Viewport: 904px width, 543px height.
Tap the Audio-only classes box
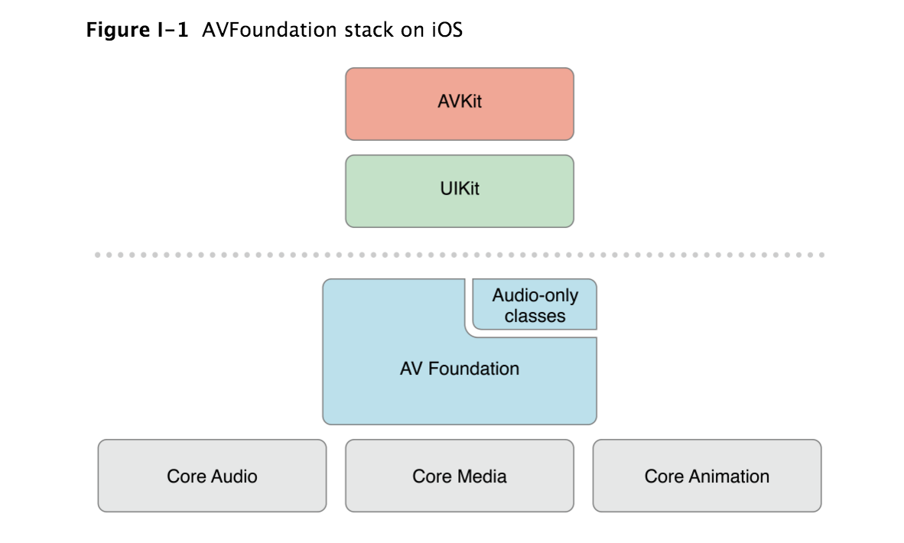point(535,305)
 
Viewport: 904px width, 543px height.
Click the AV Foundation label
point(459,369)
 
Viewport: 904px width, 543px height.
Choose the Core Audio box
point(212,476)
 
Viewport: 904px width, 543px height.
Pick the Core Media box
point(459,476)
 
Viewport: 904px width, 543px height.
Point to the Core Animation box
point(707,476)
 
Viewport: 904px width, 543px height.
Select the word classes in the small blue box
point(535,316)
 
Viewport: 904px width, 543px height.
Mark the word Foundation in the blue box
point(473,369)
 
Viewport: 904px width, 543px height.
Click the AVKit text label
point(459,102)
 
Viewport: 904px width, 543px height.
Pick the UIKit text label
point(459,189)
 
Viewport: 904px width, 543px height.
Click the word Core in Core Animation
point(663,476)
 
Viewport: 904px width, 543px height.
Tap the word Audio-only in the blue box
point(535,295)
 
